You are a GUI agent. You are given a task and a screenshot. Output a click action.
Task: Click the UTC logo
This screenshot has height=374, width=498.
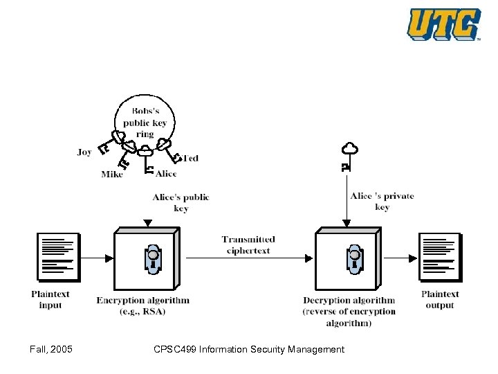[443, 24]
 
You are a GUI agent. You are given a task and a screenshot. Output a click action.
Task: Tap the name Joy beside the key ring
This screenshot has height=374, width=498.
[84, 152]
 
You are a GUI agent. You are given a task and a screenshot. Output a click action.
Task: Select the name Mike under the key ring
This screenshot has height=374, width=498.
[112, 175]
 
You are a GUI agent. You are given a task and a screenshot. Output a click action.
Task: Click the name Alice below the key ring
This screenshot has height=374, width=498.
[166, 174]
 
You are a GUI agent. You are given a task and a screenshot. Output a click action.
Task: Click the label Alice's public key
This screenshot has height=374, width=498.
[181, 203]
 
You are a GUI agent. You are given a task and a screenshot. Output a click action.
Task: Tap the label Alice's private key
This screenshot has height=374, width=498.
[382, 202]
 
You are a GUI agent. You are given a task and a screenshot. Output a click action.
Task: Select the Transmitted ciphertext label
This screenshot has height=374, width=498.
[248, 244]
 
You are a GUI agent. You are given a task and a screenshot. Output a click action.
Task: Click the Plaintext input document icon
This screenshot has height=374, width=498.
[57, 258]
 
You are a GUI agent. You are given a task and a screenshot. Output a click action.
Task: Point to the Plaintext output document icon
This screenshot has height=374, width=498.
[439, 258]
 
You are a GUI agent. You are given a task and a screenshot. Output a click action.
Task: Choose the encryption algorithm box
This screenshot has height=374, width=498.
[147, 261]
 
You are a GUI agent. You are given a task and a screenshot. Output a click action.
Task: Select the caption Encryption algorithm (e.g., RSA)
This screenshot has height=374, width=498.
[142, 305]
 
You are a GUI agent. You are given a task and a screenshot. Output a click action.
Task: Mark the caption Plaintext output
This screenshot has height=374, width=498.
[440, 299]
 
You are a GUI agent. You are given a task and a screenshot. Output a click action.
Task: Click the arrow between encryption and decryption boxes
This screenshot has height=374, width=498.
[249, 258]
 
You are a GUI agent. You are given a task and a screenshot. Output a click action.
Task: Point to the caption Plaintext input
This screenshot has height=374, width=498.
[50, 299]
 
